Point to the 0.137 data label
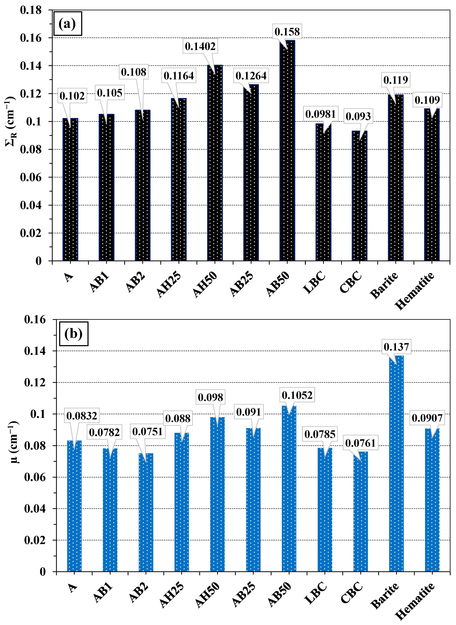point(396,346)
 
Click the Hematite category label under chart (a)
point(415,291)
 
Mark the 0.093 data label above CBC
point(358,116)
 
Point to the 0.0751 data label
point(147,431)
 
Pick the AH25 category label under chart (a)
point(169,284)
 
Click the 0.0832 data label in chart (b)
point(82,415)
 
